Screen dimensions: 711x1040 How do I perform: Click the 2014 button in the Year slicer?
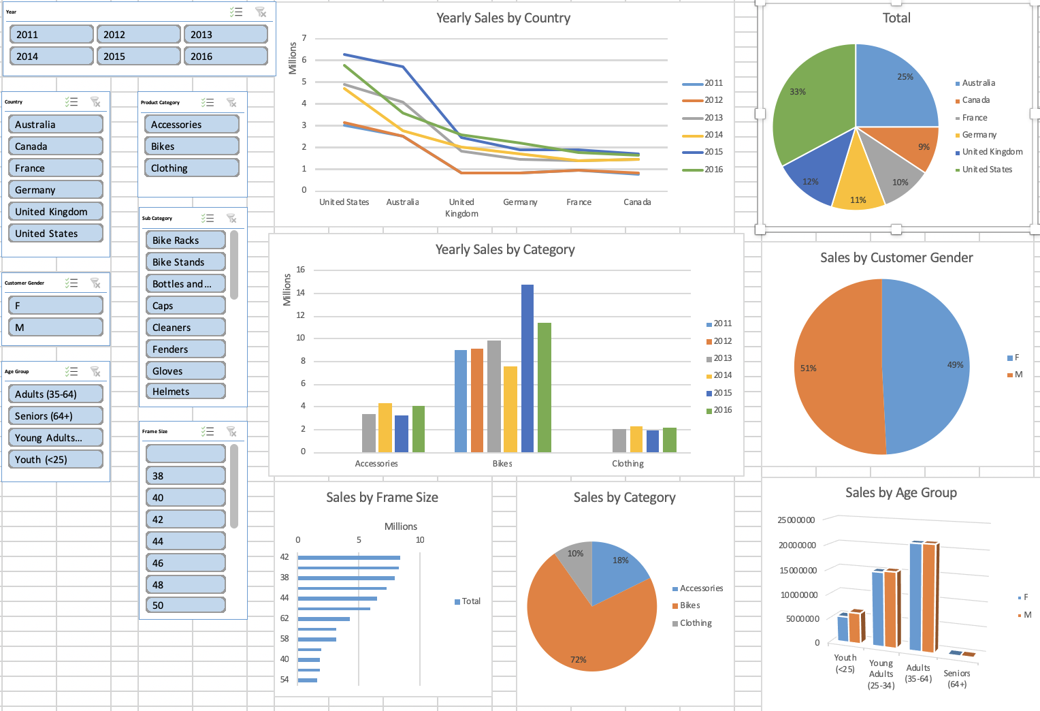(51, 57)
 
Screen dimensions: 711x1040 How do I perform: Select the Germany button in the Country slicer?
(56, 190)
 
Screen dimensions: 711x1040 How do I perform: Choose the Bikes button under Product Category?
(191, 146)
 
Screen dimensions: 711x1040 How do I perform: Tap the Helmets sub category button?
(185, 392)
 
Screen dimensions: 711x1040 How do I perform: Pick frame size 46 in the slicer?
(185, 563)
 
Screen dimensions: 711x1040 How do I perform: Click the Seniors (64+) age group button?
(56, 416)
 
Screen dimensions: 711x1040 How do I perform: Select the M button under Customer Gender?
(56, 328)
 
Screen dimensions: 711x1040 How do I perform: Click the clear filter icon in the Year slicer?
(260, 12)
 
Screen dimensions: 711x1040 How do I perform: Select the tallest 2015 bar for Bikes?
(527, 368)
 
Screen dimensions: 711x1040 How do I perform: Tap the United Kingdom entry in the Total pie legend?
(992, 152)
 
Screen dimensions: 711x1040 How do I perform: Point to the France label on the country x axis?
(579, 202)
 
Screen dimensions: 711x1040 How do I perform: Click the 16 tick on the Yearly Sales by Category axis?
(300, 270)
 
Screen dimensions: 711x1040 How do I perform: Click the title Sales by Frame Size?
(382, 498)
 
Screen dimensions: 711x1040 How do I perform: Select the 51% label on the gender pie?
(808, 368)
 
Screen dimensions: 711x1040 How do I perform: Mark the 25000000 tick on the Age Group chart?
(796, 520)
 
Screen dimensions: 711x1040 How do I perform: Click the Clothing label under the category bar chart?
(628, 464)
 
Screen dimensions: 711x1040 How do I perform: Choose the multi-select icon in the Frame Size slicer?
(208, 432)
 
